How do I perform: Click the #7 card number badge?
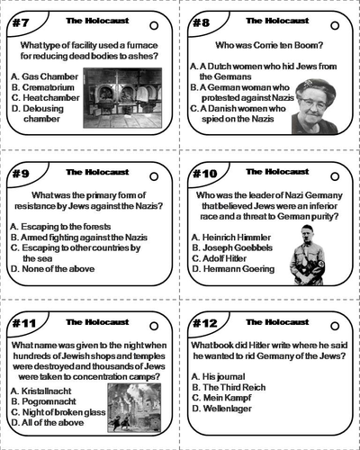(20, 21)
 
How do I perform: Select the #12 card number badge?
(204, 321)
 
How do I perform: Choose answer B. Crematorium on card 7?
(43, 87)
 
